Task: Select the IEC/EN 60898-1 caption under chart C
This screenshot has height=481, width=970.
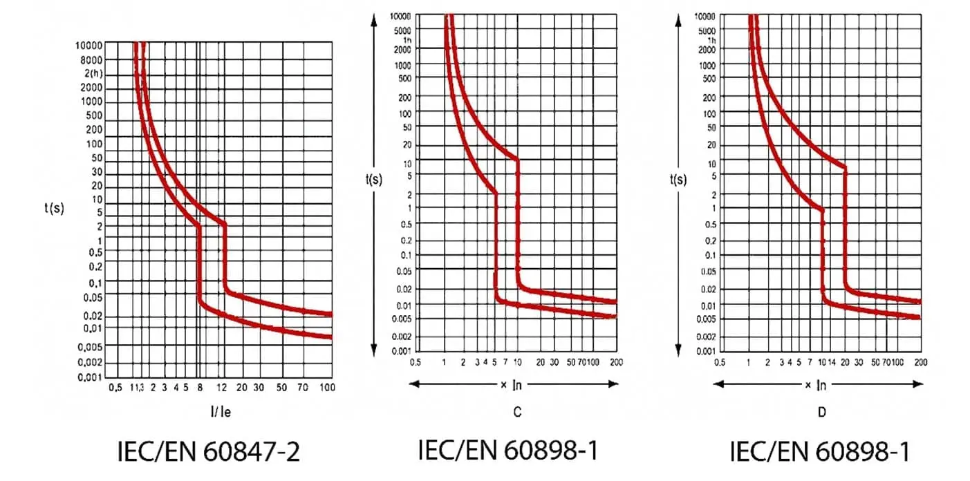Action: [x=507, y=450]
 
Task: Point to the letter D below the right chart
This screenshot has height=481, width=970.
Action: [x=821, y=412]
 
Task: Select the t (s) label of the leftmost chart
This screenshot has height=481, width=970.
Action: [x=53, y=208]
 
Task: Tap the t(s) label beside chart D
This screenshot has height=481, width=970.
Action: [x=678, y=179]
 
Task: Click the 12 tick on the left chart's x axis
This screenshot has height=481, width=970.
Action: [x=222, y=388]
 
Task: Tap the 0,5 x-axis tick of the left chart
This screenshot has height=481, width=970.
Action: [x=115, y=388]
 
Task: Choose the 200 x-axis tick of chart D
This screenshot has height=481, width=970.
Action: [x=921, y=361]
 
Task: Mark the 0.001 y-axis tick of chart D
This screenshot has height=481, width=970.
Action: [x=705, y=351]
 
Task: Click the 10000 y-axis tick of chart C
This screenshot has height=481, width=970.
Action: [x=400, y=16]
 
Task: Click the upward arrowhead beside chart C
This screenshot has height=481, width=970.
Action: [x=374, y=21]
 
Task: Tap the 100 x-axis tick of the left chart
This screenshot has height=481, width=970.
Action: [x=328, y=388]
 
